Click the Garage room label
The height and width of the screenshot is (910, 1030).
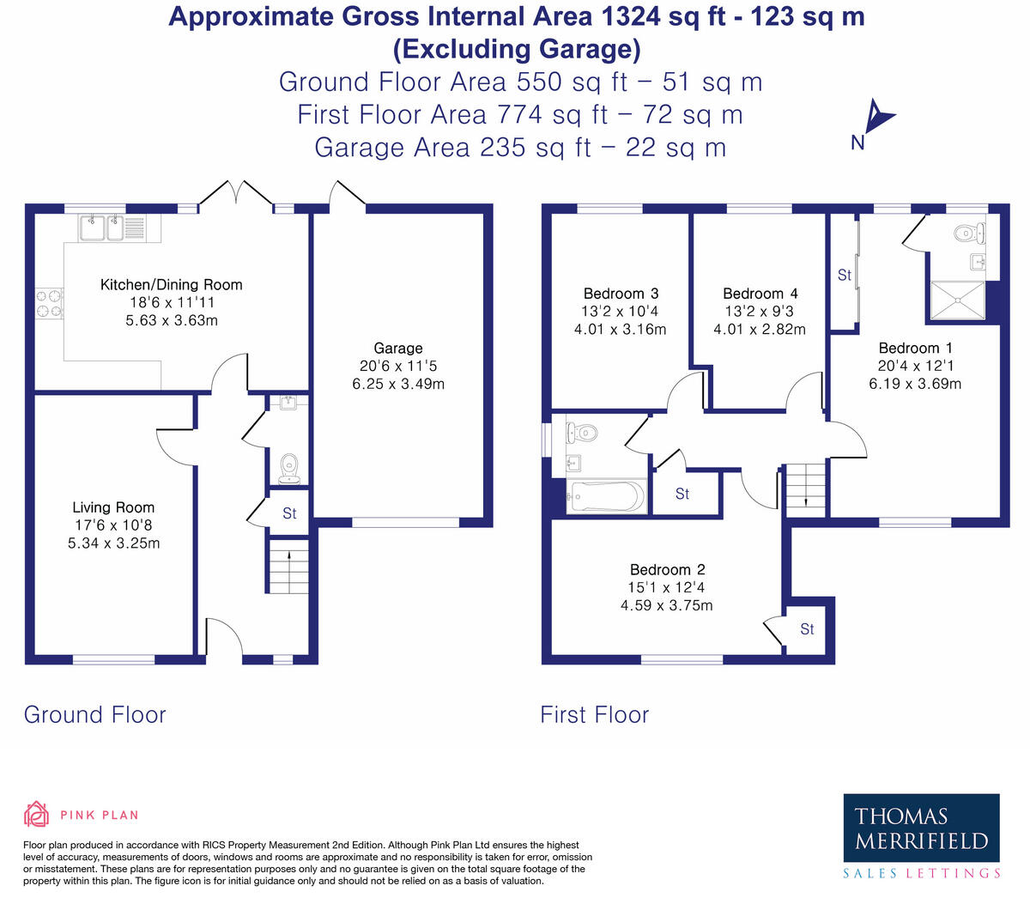[398, 348]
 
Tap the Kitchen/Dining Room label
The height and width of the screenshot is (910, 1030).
[171, 284]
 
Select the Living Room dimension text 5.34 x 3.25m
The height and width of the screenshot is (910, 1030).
[114, 543]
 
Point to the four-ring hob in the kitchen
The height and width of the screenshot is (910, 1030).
[49, 303]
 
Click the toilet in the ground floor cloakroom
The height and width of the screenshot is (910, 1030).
[289, 469]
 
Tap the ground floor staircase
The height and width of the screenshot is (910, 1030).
[288, 566]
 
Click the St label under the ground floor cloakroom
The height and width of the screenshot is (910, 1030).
[289, 513]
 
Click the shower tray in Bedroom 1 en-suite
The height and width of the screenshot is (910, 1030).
[957, 300]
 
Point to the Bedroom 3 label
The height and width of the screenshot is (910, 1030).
[621, 294]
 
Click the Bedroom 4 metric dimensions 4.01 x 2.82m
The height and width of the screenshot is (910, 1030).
[760, 329]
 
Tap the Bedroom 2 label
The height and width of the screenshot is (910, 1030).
[668, 569]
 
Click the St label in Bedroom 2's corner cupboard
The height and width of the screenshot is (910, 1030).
[807, 629]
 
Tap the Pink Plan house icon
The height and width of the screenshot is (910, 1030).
[37, 814]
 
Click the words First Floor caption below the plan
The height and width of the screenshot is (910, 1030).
[594, 714]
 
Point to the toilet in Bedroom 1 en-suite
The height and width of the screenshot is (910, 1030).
[971, 234]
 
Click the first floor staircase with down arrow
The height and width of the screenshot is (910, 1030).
[805, 490]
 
